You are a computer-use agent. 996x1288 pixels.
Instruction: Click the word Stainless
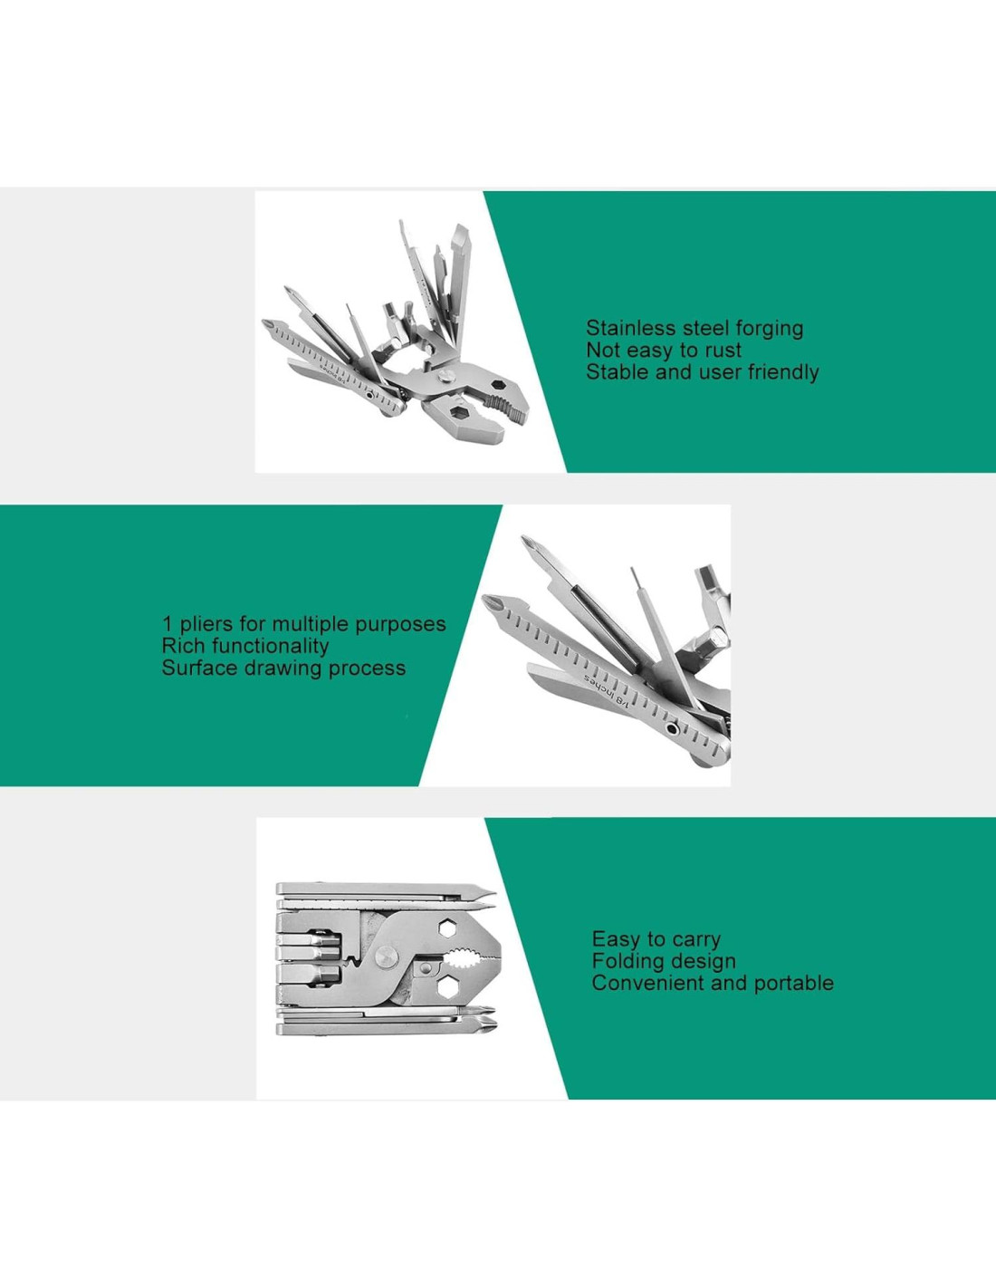tap(629, 328)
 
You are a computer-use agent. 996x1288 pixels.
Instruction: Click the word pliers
tap(206, 625)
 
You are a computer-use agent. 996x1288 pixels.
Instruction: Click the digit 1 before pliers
tap(168, 623)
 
